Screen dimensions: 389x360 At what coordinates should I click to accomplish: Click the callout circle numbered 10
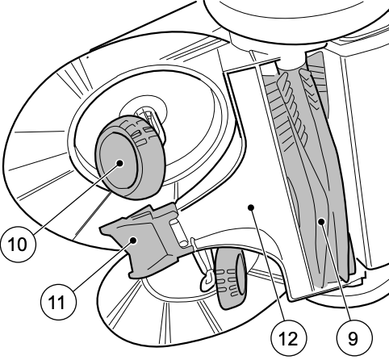coord(18,245)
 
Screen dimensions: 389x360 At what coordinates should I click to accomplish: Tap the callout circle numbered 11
coord(58,302)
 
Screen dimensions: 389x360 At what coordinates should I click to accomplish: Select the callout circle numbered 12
coord(288,338)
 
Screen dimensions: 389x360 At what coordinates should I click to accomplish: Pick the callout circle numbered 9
coord(354,338)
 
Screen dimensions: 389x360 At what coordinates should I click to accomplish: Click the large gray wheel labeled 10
coord(130,157)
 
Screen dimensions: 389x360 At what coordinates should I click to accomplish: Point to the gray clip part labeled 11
coord(140,240)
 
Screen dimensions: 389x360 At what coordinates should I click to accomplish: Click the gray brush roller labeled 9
coord(309,172)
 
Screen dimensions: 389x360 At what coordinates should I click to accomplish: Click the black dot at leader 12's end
coord(251,207)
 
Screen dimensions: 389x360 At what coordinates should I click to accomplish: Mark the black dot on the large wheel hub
coord(120,163)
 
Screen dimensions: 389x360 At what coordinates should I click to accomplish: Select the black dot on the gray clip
coord(133,241)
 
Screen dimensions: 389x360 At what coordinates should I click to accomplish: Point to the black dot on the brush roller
coord(321,221)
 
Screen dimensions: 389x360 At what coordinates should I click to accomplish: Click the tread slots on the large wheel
coord(140,132)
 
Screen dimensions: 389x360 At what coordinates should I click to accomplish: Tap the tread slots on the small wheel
coord(228,283)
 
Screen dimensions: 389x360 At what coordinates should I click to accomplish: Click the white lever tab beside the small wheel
coord(207,280)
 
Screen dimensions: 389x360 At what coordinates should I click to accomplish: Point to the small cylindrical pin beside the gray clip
coord(180,232)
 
